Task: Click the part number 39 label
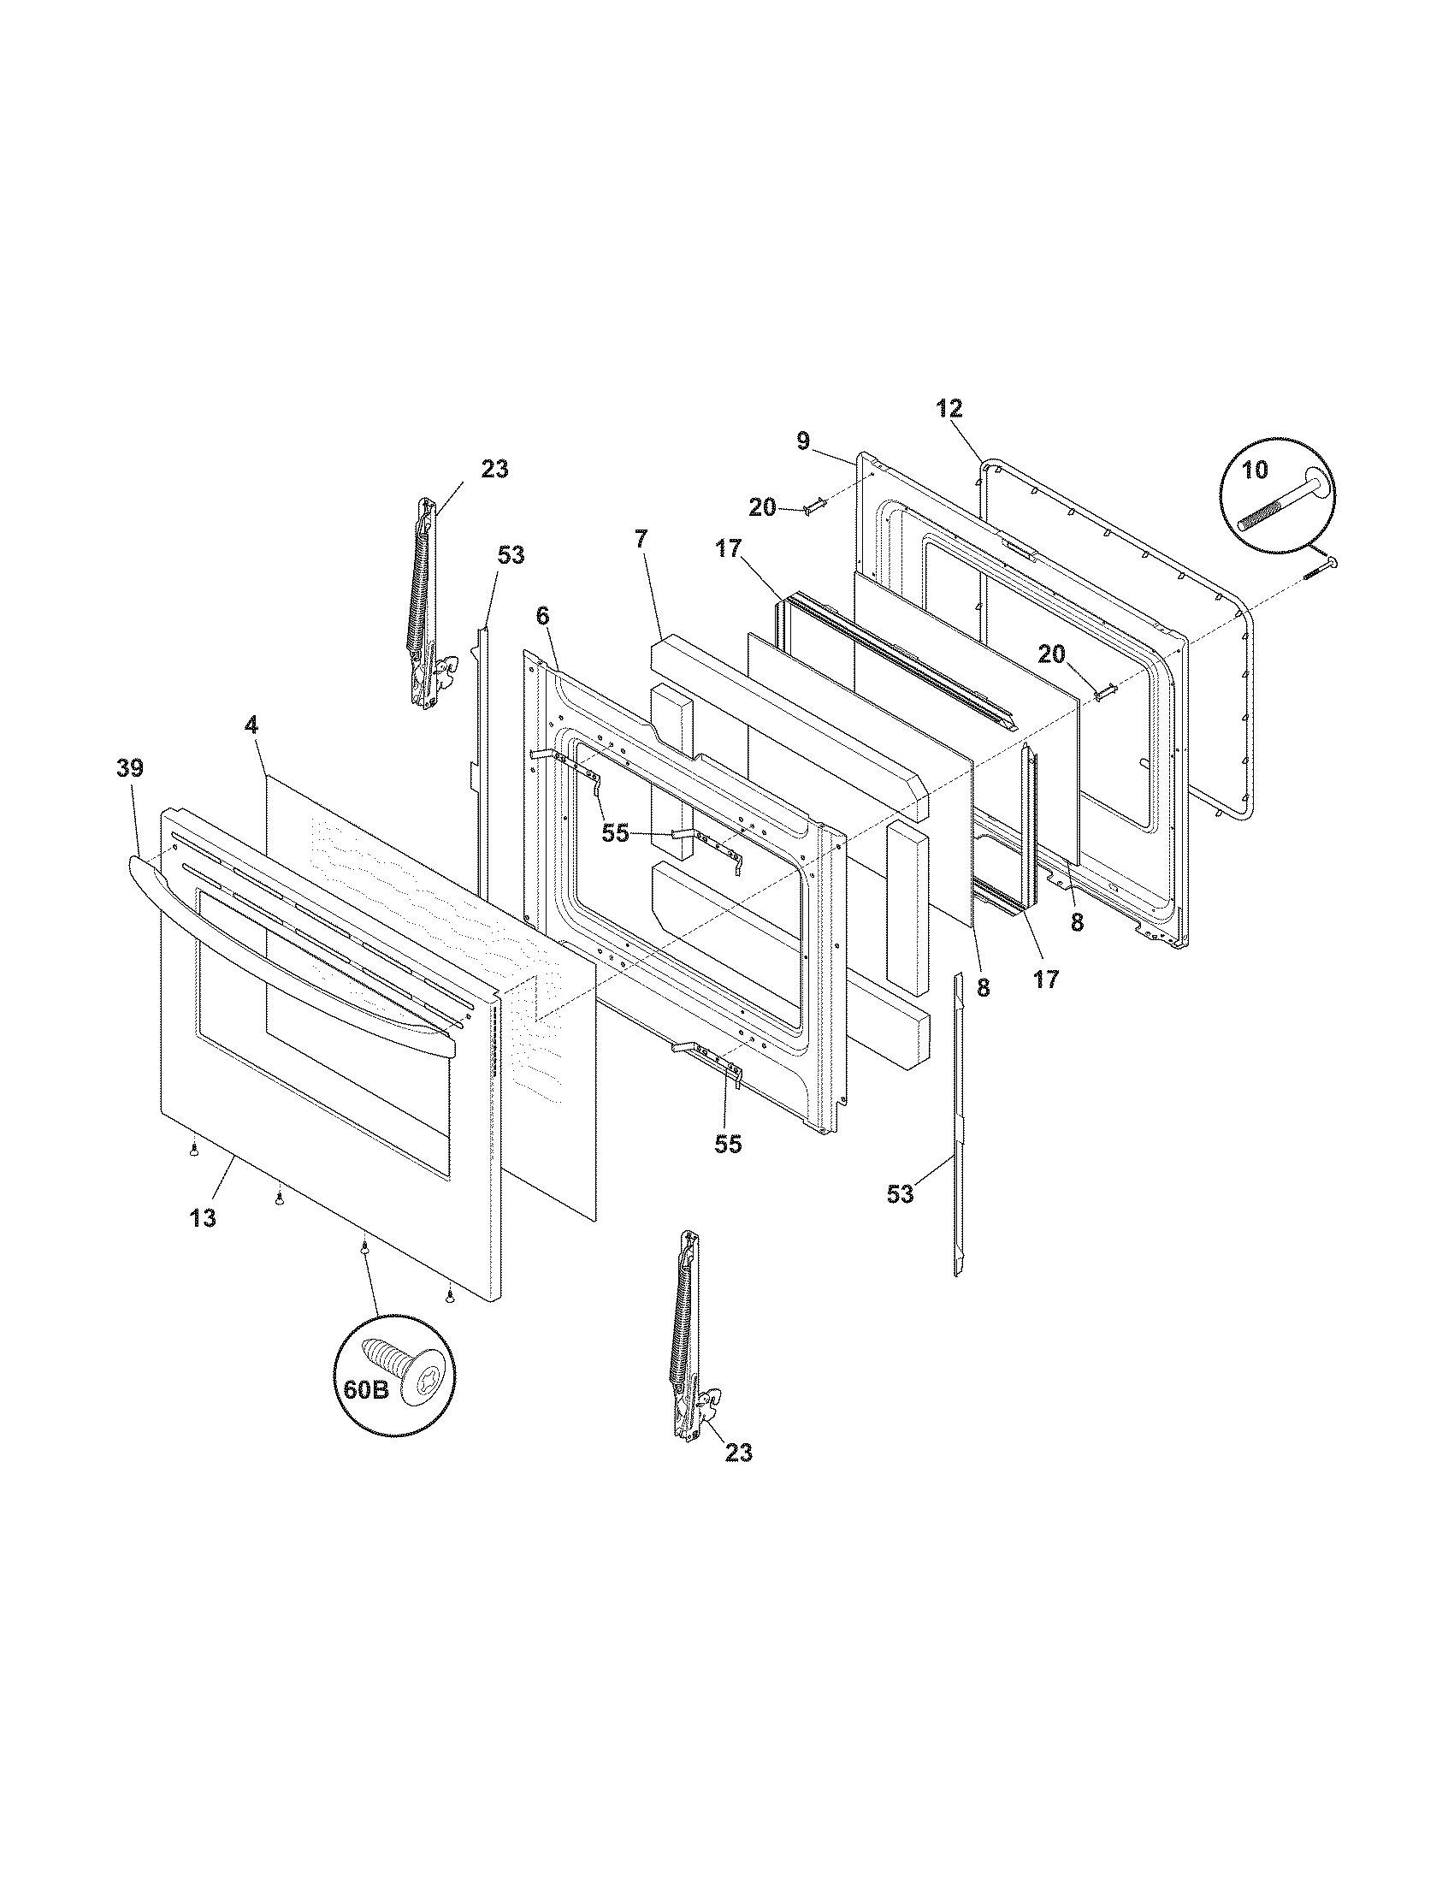[x=130, y=768]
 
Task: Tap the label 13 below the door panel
[x=204, y=1218]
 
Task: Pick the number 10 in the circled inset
[x=1256, y=471]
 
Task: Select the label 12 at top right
[x=949, y=408]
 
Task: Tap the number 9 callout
[x=803, y=441]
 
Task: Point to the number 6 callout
[x=541, y=616]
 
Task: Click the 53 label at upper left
[x=511, y=556]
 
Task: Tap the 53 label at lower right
[x=900, y=1194]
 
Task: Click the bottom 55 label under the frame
[x=728, y=1145]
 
